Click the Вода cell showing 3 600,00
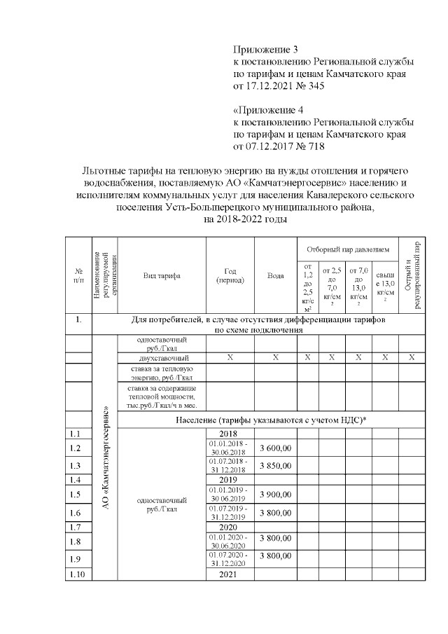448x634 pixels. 275,448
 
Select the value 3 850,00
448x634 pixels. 275,465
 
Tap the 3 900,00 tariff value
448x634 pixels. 275,494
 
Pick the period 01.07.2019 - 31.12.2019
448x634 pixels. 230,513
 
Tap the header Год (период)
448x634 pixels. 230,276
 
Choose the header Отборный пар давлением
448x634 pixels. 348,249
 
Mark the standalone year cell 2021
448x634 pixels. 230,574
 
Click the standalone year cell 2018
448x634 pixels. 230,434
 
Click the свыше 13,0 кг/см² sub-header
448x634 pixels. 385,287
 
